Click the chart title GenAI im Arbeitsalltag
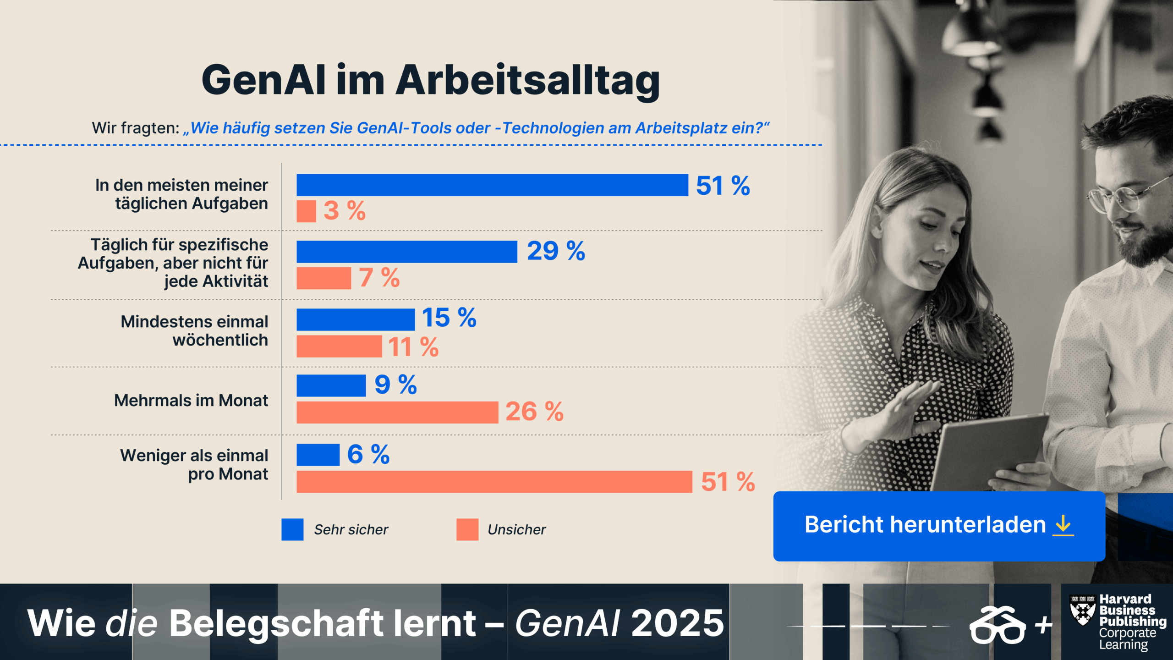(431, 80)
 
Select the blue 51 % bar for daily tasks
(492, 185)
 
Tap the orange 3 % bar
(306, 211)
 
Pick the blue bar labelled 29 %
(406, 252)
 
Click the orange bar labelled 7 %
(323, 278)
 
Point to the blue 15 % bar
(356, 319)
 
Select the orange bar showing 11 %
(339, 346)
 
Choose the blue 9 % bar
(331, 385)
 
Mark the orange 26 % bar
(397, 412)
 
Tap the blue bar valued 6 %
(318, 455)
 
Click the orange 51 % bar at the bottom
(494, 482)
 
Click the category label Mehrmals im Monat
(191, 401)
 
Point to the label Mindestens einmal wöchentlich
(194, 331)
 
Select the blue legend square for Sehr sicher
(292, 529)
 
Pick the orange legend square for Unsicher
(467, 529)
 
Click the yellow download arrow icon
(1063, 525)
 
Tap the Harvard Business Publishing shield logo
(1083, 610)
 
